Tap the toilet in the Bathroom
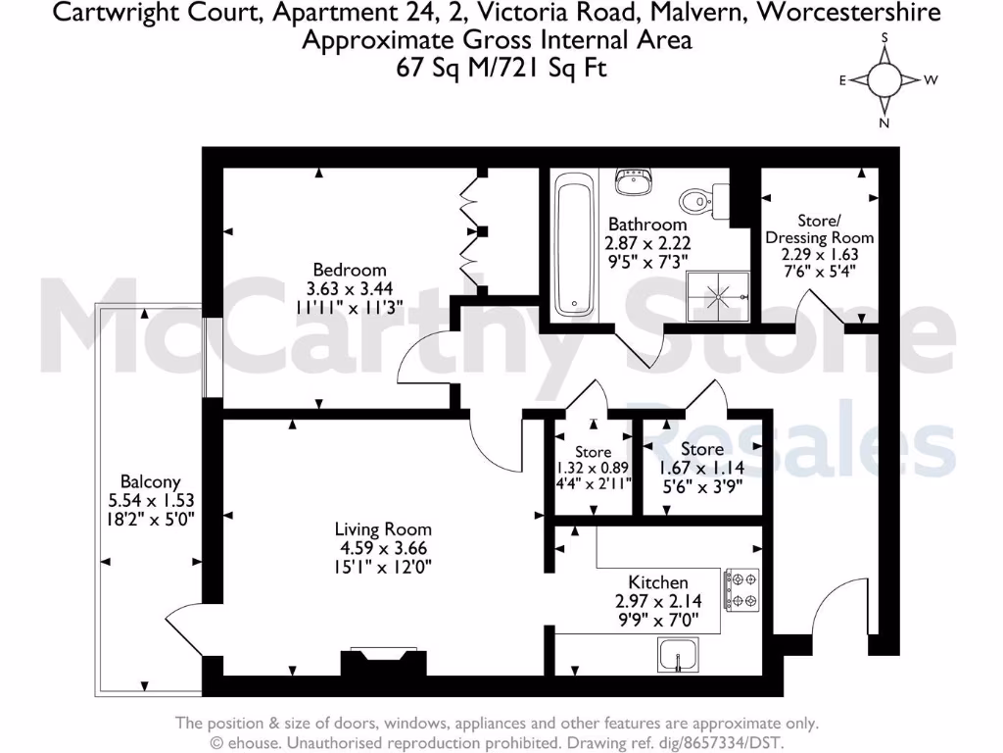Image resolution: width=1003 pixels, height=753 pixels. (699, 200)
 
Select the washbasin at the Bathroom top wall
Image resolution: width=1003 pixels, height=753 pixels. (635, 181)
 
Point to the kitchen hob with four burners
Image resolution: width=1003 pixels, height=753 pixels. (740, 590)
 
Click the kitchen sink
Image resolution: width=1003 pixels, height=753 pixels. (677, 654)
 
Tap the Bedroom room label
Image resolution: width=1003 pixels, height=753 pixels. (350, 270)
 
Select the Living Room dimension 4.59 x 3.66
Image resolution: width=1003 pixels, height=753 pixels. (381, 548)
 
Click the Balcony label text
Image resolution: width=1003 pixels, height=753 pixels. (150, 481)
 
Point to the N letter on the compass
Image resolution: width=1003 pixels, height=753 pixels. (884, 123)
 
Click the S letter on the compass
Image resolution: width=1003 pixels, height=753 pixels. (884, 38)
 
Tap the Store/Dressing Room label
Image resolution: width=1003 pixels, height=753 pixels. (819, 229)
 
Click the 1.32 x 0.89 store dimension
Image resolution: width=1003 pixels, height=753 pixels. (594, 468)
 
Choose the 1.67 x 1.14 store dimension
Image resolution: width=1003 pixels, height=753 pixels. (701, 466)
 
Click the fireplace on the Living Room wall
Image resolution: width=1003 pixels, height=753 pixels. (383, 663)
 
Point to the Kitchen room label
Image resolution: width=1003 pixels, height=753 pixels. (658, 581)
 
